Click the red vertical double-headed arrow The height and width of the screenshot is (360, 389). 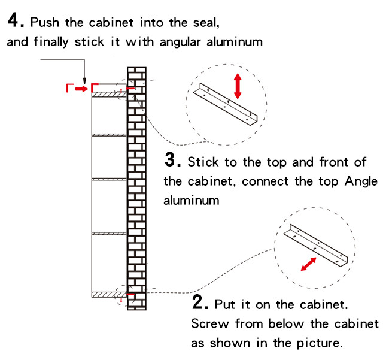[x=238, y=86]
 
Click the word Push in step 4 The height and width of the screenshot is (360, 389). [x=45, y=23]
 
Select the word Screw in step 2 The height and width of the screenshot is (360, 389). [x=208, y=324]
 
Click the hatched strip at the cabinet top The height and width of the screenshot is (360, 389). [x=108, y=94]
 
